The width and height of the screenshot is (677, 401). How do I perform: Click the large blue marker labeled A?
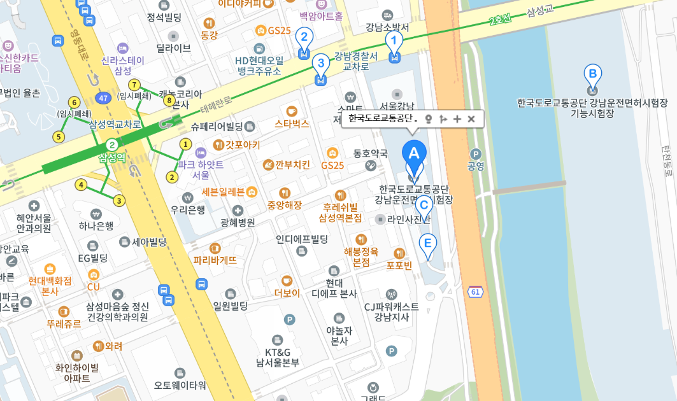pos(413,153)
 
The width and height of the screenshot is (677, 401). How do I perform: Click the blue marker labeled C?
pos(423,206)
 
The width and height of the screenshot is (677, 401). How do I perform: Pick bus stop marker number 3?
pos(320,64)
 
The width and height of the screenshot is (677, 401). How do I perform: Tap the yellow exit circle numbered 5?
pos(59,137)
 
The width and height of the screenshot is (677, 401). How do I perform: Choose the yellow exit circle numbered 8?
pos(169,100)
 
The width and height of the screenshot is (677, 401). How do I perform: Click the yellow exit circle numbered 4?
pos(80,185)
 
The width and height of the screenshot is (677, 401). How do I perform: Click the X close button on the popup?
pos(471,118)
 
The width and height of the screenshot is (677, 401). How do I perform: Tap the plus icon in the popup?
pos(457,118)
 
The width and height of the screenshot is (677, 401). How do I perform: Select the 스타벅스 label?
pos(292,123)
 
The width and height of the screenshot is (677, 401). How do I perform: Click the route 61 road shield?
pos(475,292)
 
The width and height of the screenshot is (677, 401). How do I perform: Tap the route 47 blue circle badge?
pos(102,98)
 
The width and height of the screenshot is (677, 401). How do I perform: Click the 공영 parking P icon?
pos(476,154)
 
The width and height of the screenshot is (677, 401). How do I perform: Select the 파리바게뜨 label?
pos(215,259)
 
